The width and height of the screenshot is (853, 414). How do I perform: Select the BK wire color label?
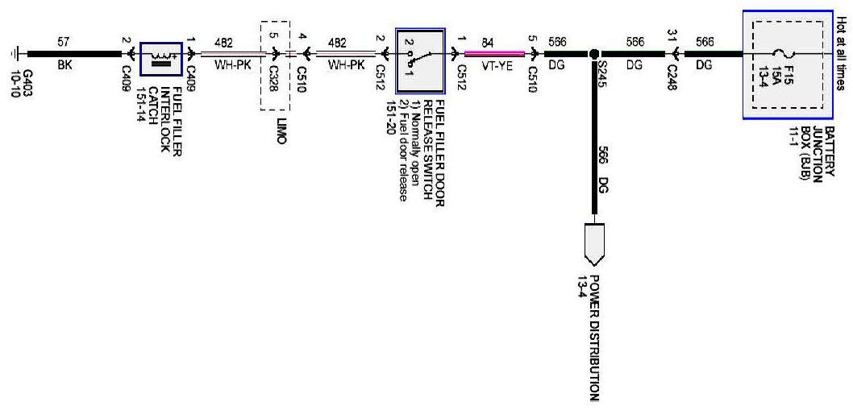pyautogui.click(x=65, y=68)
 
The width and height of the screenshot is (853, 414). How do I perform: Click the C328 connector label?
pyautogui.click(x=274, y=78)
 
